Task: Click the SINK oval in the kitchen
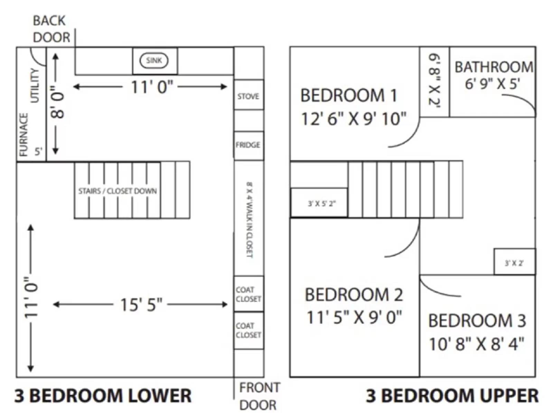point(154,60)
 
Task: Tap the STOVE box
point(248,96)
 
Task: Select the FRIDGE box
point(248,145)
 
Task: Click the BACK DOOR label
point(51,29)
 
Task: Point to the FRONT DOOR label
point(259,396)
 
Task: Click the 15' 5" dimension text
point(141,305)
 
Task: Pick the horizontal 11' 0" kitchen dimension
point(151,87)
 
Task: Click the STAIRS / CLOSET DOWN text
point(118,191)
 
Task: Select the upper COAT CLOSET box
point(248,294)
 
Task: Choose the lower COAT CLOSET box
point(248,330)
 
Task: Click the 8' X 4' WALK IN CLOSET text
point(249,220)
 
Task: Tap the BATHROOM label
point(494,67)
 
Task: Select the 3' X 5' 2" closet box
point(321,204)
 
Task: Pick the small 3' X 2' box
point(514,263)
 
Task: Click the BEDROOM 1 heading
point(348,95)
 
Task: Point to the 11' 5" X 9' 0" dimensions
point(354,317)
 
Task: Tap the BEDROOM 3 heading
point(477,321)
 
